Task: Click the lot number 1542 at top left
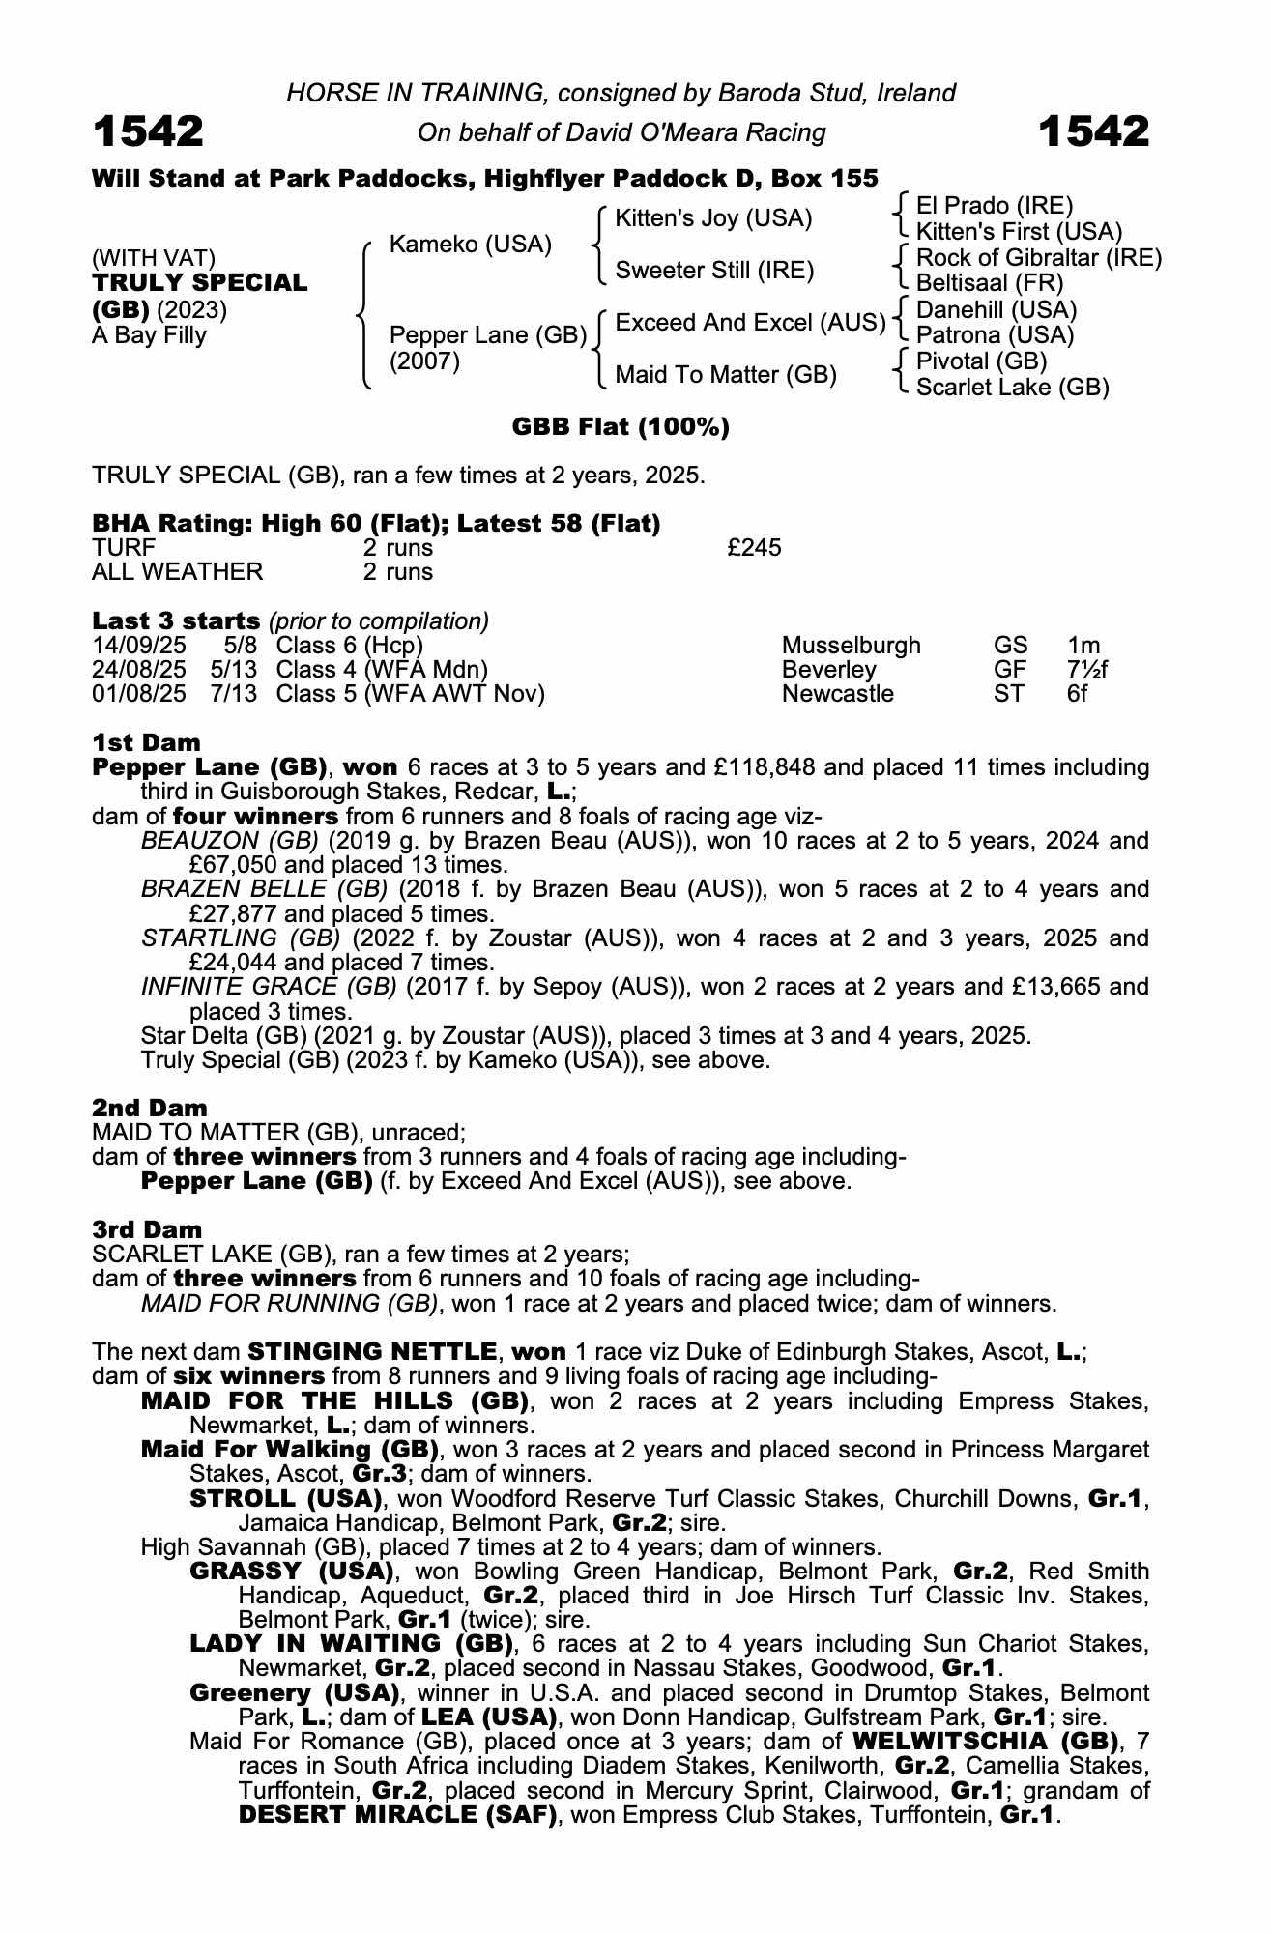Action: click(x=148, y=131)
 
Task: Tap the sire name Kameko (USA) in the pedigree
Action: click(x=470, y=245)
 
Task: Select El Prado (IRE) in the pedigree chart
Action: click(x=995, y=206)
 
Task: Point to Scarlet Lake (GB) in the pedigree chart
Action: click(x=1012, y=388)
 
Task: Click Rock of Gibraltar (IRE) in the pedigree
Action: click(x=1038, y=258)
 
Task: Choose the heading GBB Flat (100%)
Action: click(x=620, y=427)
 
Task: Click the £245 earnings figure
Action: click(x=754, y=548)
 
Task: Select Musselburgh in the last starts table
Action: click(x=851, y=646)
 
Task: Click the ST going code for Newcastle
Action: click(x=1009, y=694)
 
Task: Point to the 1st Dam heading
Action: click(x=146, y=742)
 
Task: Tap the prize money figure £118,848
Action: click(x=755, y=767)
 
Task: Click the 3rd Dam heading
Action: click(x=147, y=1229)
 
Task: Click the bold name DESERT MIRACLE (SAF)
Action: click(x=398, y=1815)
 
